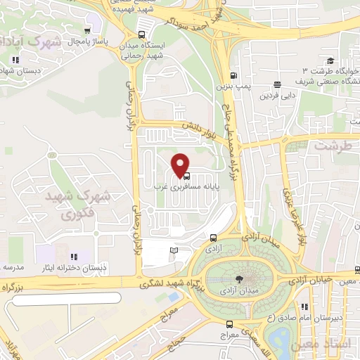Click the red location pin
tap(181, 164)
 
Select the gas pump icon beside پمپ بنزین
tap(231, 76)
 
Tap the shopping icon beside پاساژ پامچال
tap(86, 30)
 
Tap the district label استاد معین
tap(335, 345)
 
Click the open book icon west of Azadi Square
tap(174, 250)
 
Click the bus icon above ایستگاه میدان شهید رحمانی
tap(141, 34)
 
